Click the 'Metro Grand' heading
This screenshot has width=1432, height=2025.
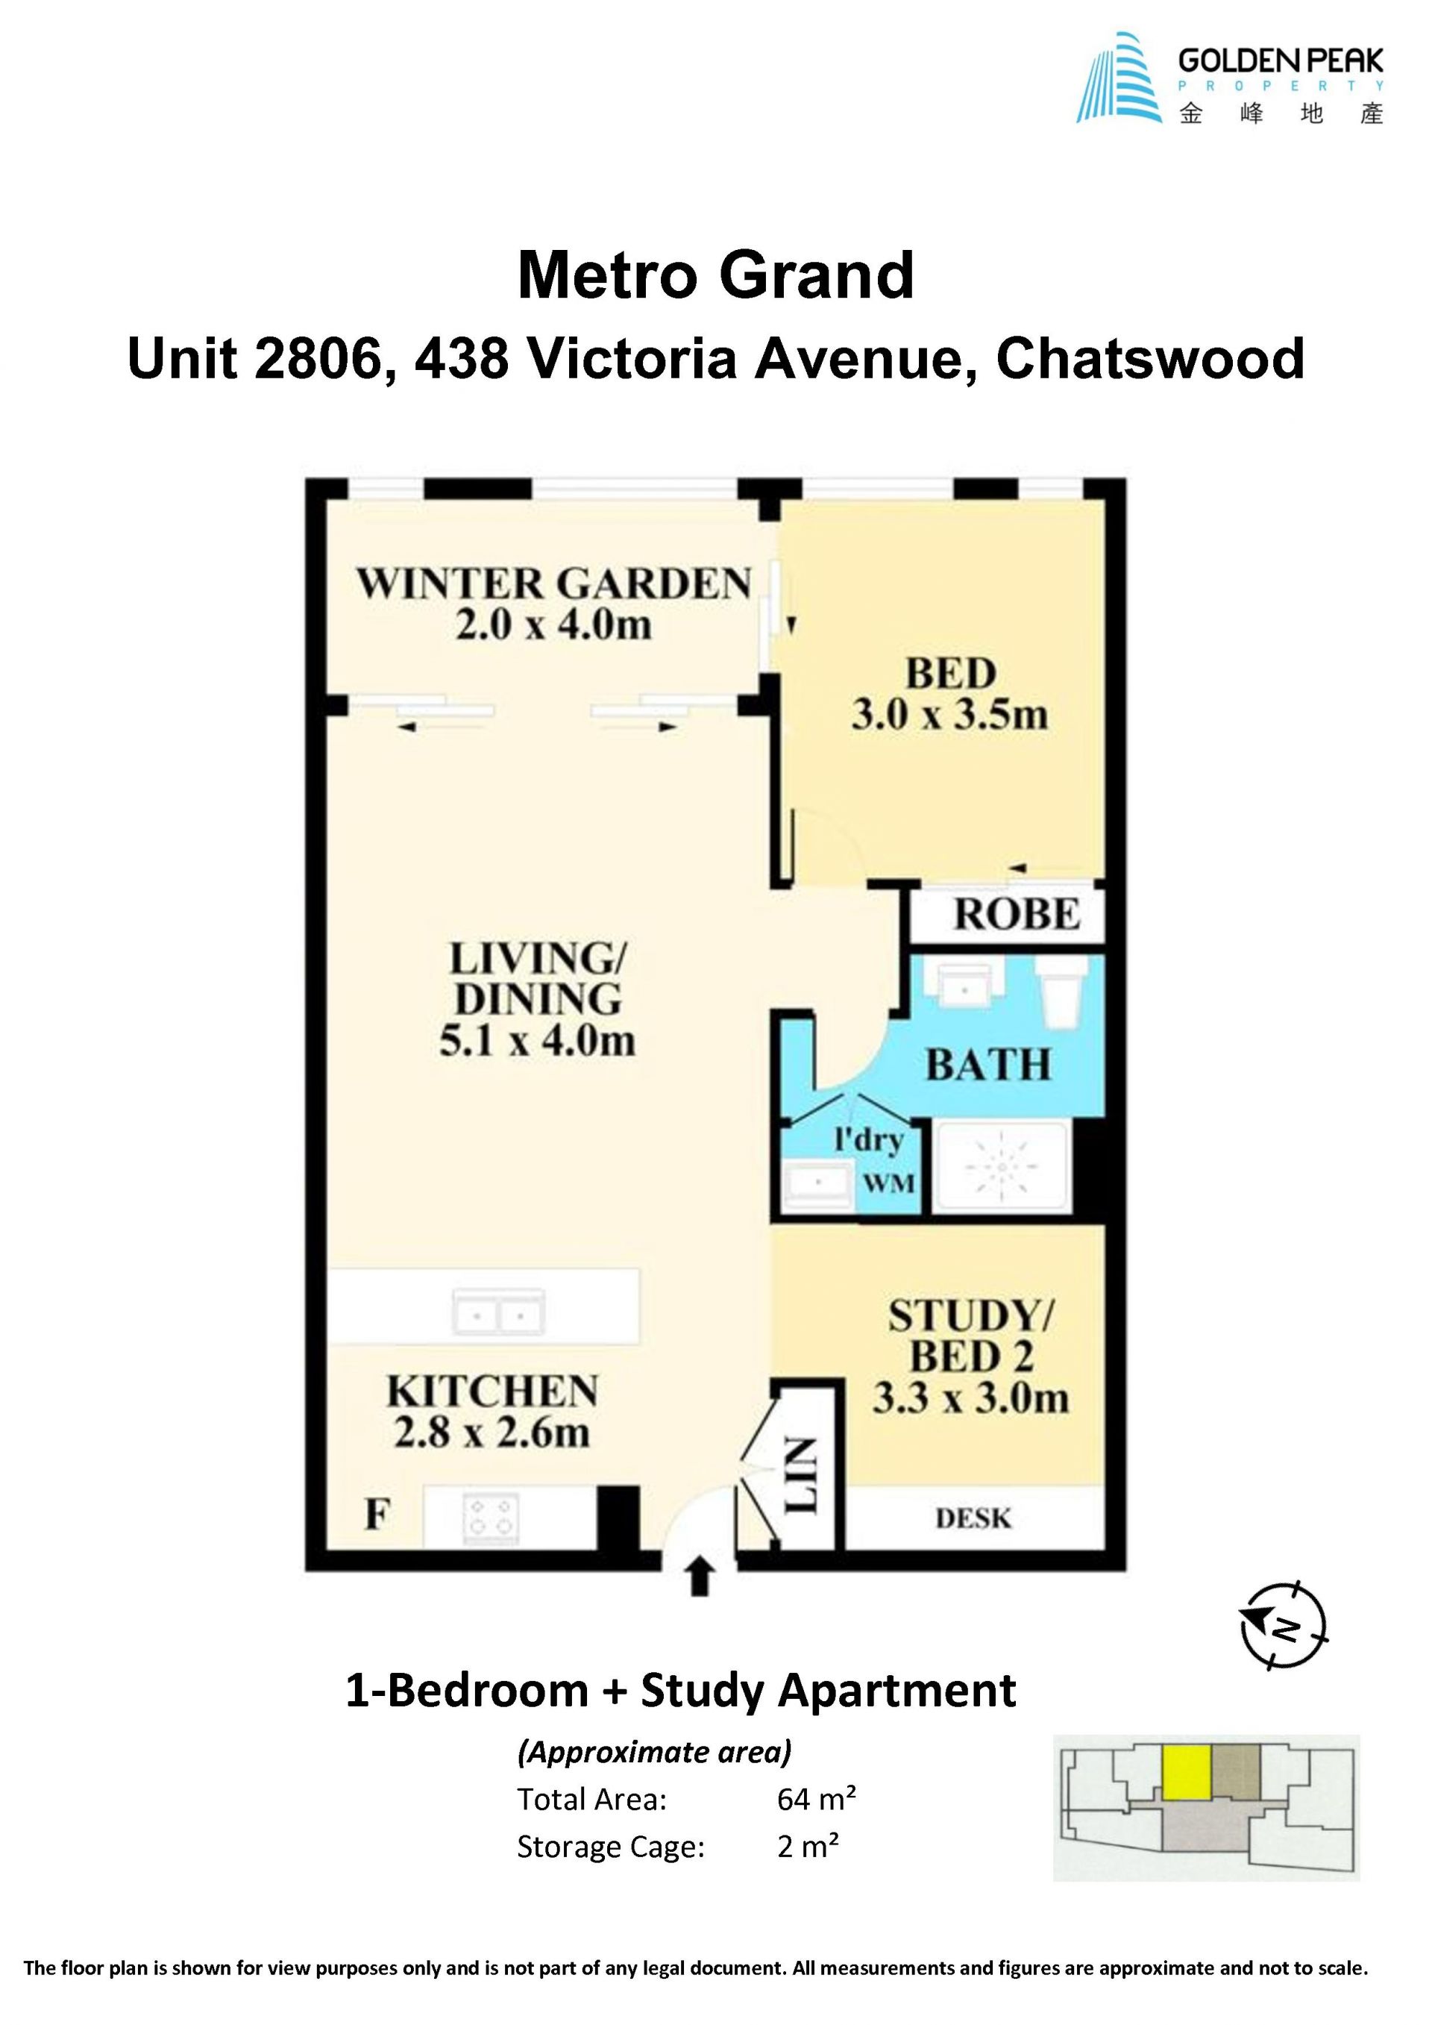(715, 276)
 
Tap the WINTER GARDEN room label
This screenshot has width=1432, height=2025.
(553, 584)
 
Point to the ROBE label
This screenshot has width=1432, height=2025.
(1017, 915)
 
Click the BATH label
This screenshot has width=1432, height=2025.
(988, 1065)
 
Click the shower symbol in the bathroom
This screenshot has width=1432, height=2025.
(1002, 1167)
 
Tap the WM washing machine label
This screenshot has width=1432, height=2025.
(889, 1183)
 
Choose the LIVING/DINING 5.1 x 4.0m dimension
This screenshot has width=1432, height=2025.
(537, 1042)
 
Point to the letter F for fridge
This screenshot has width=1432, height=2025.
(377, 1515)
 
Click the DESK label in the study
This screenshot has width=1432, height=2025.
(973, 1519)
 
